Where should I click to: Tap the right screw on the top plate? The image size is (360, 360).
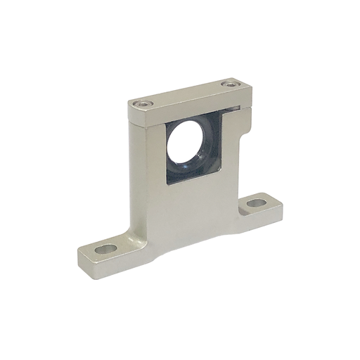click(226, 85)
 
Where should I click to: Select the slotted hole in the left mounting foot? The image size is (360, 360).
click(107, 249)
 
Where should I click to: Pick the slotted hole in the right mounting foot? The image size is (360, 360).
click(257, 203)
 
